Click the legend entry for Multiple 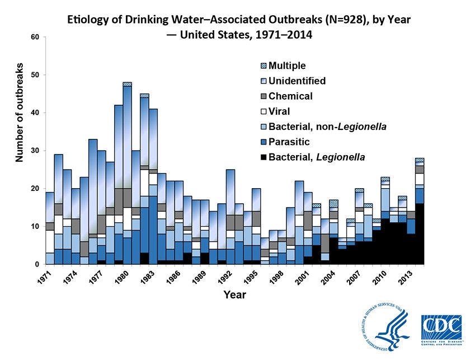click(x=287, y=66)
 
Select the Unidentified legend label click(x=297, y=81)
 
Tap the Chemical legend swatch click(x=264, y=96)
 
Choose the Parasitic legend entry click(x=288, y=142)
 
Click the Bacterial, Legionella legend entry click(x=317, y=157)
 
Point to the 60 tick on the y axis click(x=35, y=38)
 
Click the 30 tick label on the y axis click(x=35, y=151)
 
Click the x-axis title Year click(x=234, y=294)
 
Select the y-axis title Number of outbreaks click(x=20, y=117)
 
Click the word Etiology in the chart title click(x=88, y=20)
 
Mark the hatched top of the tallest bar click(x=127, y=84)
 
